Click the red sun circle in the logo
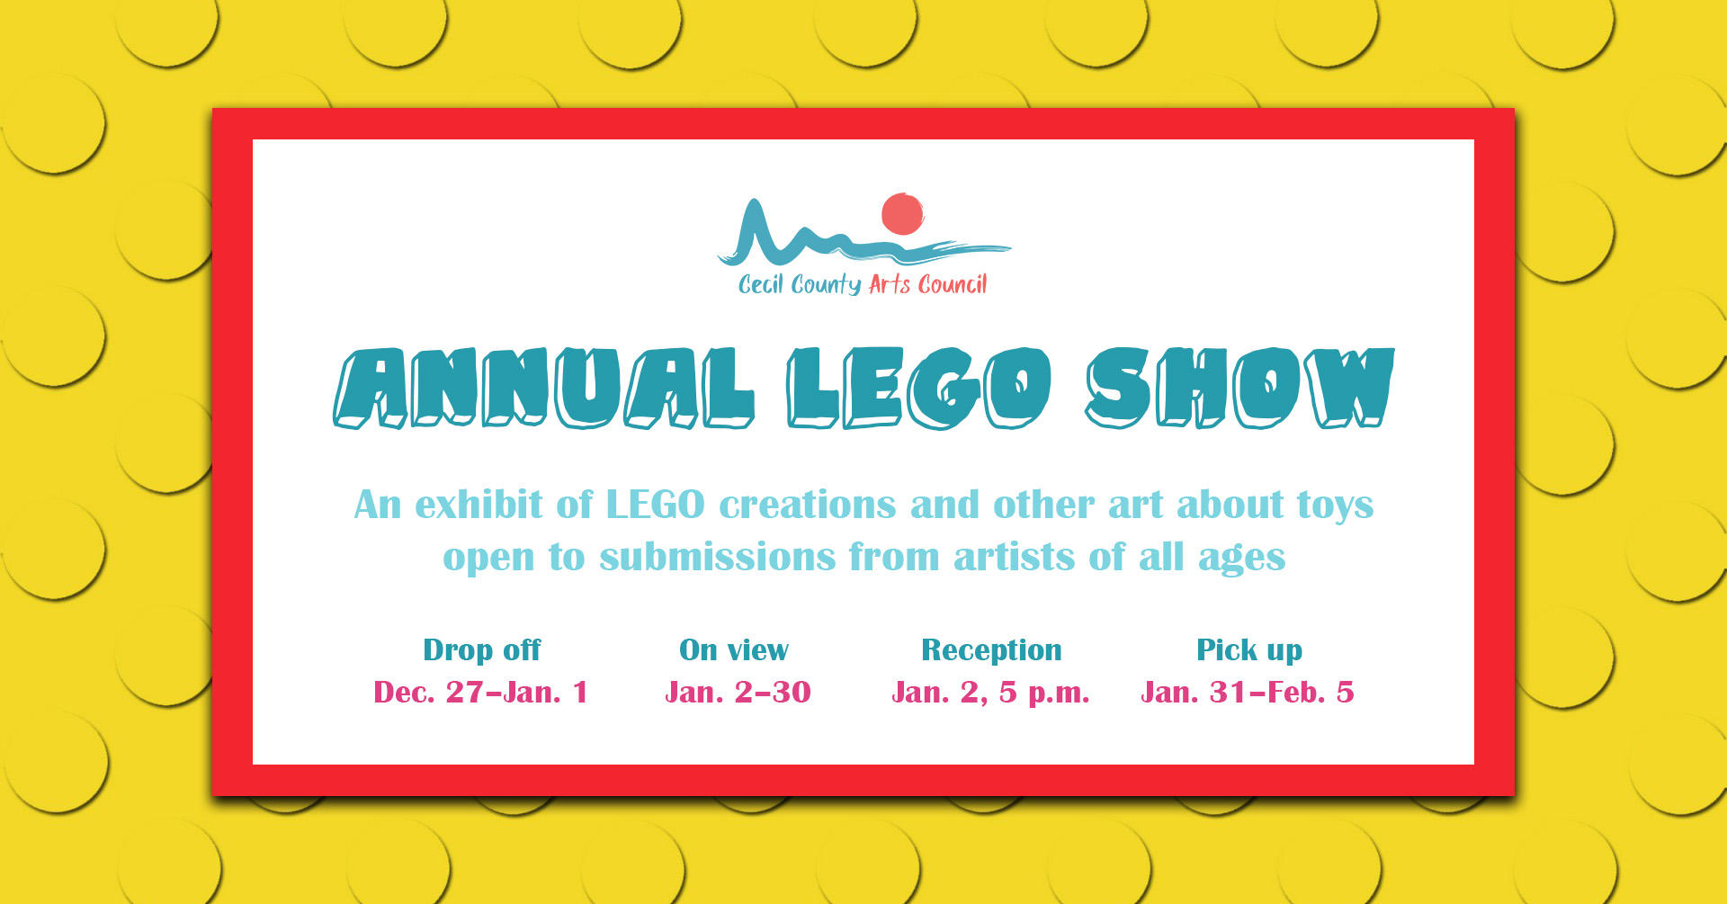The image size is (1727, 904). pyautogui.click(x=902, y=214)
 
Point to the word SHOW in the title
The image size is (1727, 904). pyautogui.click(x=1240, y=388)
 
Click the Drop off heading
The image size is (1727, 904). pyautogui.click(x=482, y=649)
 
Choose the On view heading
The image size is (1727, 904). pyautogui.click(x=734, y=649)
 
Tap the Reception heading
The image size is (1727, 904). pyautogui.click(x=991, y=650)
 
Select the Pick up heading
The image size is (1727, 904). pyautogui.click(x=1249, y=650)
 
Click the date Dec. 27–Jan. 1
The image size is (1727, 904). pyautogui.click(x=480, y=692)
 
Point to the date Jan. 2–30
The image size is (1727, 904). pyautogui.click(x=738, y=692)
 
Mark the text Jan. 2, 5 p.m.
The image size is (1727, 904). pyautogui.click(x=990, y=693)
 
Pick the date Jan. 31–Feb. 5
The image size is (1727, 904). pyautogui.click(x=1248, y=692)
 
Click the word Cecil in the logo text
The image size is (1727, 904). pyautogui.click(x=761, y=284)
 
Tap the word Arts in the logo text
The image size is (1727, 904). pyautogui.click(x=890, y=284)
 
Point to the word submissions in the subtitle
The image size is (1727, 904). pyautogui.click(x=718, y=557)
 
